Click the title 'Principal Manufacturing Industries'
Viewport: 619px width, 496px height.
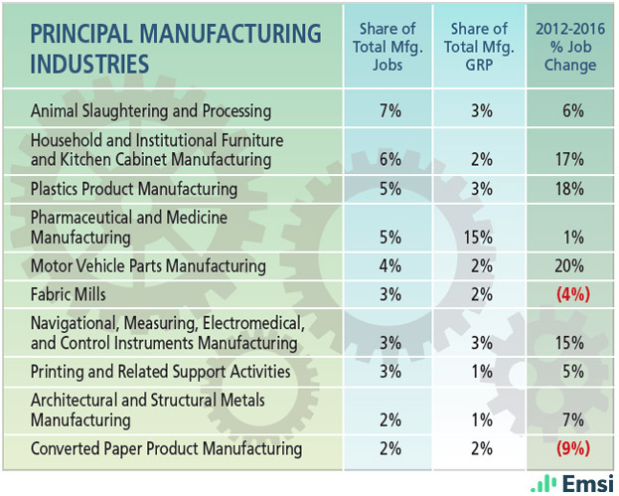(x=176, y=48)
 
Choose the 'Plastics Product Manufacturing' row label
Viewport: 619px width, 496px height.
(x=134, y=189)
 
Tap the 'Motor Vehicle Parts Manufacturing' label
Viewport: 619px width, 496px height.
(x=148, y=265)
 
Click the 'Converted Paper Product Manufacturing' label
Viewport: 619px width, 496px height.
(x=166, y=448)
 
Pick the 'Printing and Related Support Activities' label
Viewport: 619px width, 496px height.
(x=160, y=372)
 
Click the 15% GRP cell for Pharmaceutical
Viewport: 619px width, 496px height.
(x=481, y=239)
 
